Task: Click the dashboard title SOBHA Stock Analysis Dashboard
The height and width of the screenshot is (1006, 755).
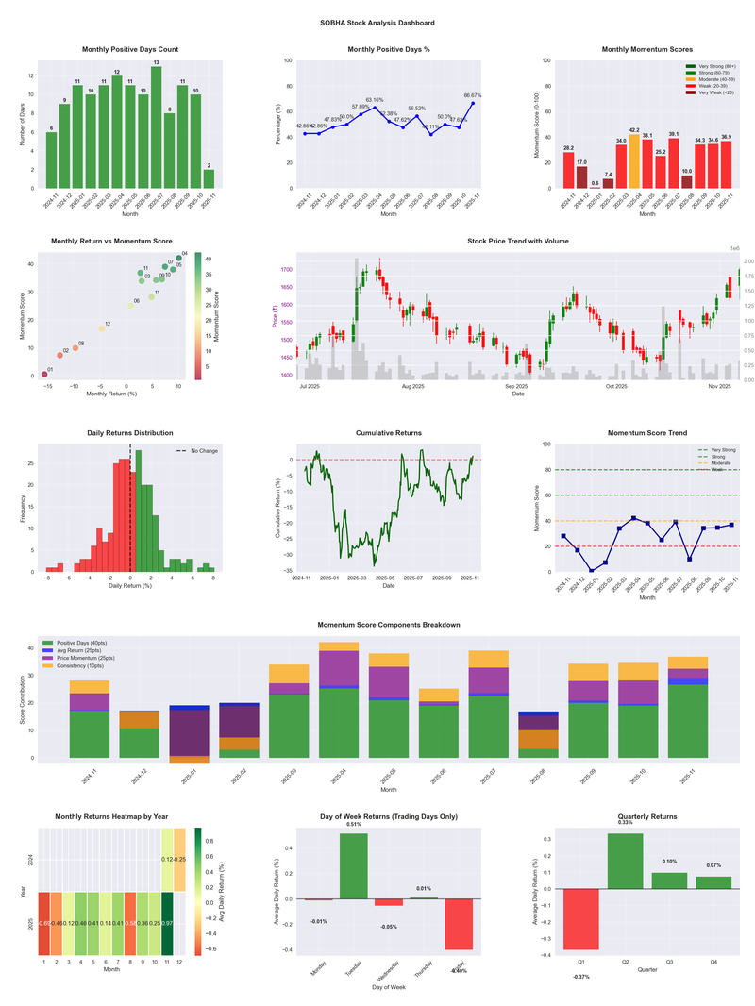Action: tap(377, 22)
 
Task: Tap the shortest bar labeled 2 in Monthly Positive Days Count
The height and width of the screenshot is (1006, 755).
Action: tap(209, 178)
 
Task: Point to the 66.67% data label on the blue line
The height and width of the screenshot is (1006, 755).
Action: tap(473, 95)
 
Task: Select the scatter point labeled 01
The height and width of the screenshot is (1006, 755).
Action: tap(44, 375)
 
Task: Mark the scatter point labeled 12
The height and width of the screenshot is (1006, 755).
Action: tap(102, 328)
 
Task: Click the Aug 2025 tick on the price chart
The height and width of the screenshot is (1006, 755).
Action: tap(412, 386)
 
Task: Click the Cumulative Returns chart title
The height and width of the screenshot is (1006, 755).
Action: tap(389, 433)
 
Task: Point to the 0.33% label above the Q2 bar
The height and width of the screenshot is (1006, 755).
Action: tap(626, 822)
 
